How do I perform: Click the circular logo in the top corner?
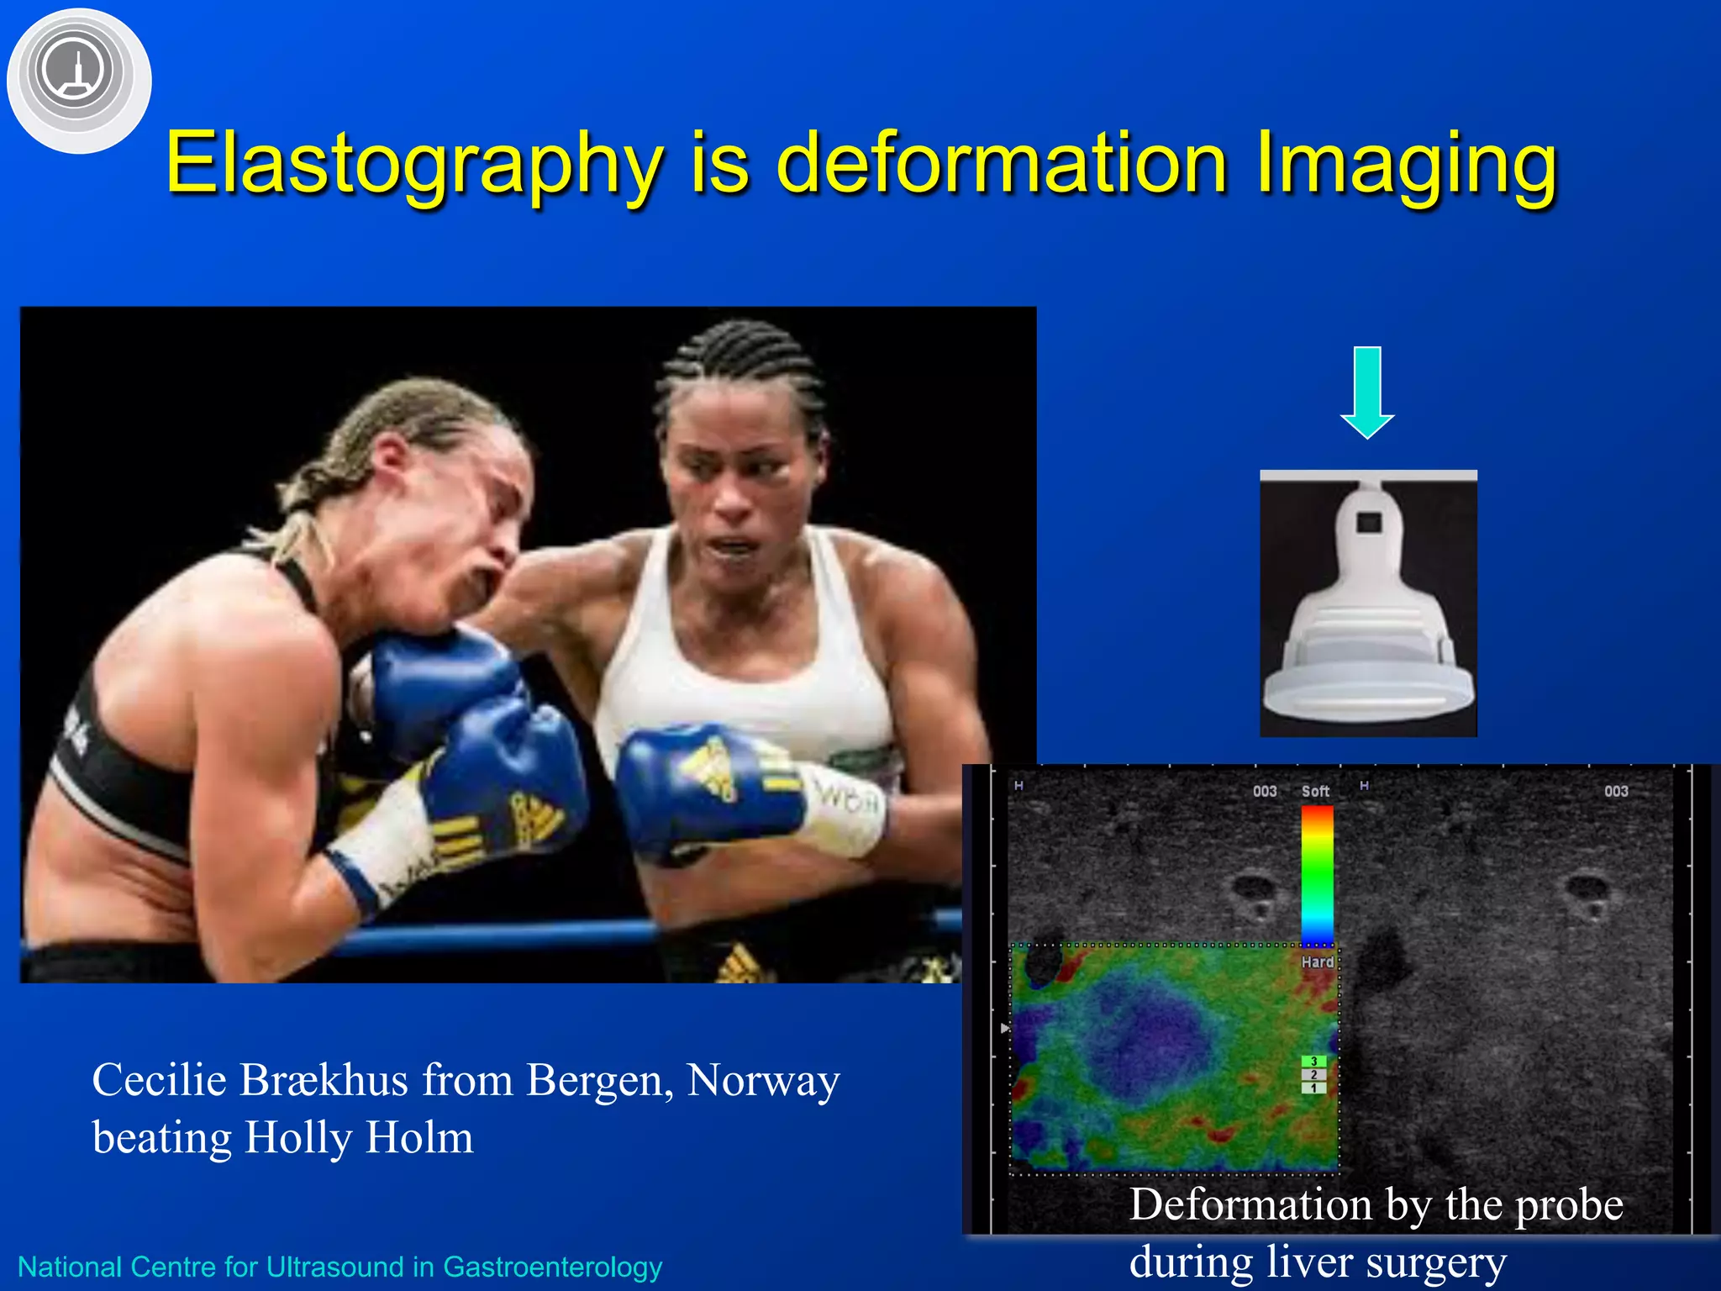point(78,80)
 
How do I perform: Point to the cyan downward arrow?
point(1367,392)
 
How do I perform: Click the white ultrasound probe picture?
point(1368,603)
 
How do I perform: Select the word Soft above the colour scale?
point(1315,791)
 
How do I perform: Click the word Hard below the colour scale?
point(1317,962)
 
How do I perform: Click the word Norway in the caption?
point(762,1081)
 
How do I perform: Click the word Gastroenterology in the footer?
point(552,1267)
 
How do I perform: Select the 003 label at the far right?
point(1615,791)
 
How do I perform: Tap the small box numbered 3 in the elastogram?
point(1313,1062)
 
